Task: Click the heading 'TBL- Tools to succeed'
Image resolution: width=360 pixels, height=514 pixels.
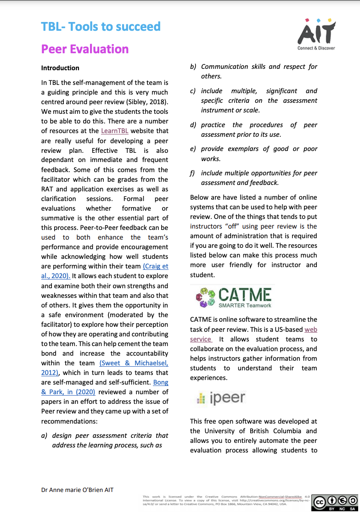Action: [101, 27]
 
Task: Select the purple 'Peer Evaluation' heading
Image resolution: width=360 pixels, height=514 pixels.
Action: [84, 49]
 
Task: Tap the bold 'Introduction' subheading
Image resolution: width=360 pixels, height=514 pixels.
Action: [60, 68]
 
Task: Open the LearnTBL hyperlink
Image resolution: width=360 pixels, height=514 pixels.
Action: [115, 131]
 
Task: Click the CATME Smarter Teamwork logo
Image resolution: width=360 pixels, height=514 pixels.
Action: [233, 297]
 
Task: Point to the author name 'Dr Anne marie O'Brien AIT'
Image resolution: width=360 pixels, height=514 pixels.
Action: [77, 490]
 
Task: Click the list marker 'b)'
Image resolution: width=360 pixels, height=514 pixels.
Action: [194, 67]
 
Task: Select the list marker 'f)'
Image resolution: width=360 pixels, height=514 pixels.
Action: [193, 173]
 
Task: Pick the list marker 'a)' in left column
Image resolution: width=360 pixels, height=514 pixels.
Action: [45, 436]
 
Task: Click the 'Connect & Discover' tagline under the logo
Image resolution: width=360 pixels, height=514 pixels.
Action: [316, 48]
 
